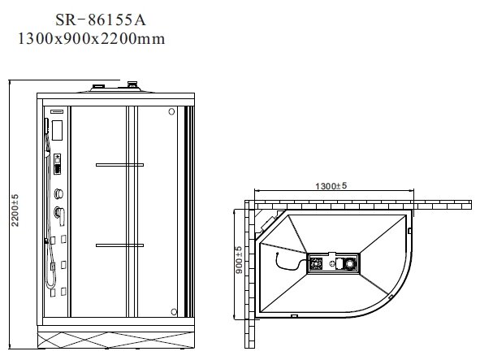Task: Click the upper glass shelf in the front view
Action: click(x=119, y=164)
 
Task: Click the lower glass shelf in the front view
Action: click(x=119, y=244)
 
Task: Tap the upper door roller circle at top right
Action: click(x=171, y=112)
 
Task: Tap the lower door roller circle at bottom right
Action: click(x=171, y=309)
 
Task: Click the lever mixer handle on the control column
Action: click(x=58, y=214)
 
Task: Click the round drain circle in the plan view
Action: click(x=348, y=263)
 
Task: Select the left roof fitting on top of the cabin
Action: click(x=100, y=84)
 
